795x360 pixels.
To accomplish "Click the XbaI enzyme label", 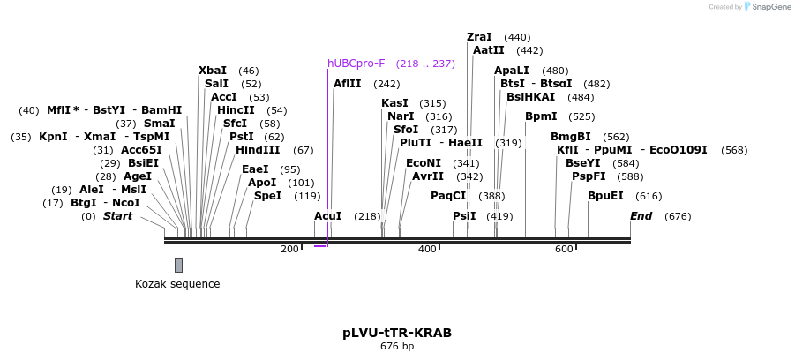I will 212,71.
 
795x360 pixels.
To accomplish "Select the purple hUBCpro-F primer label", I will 356,64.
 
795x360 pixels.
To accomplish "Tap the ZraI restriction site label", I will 479,37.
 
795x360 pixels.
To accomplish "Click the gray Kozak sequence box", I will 178,265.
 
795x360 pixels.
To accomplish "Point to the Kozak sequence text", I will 177,284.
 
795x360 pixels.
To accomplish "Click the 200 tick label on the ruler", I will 290,250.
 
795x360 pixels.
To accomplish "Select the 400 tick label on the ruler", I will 427,250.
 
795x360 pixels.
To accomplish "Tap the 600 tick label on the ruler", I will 564,250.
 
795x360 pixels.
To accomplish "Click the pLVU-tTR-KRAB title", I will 397,333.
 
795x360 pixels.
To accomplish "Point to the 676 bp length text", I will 397,346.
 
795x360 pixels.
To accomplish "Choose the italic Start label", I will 118,216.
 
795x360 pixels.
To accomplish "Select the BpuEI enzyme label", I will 605,196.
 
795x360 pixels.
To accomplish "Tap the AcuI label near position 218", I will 327,216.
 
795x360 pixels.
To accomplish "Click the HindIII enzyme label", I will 258,150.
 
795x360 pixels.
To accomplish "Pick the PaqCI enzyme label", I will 448,196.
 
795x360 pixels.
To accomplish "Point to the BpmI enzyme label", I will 541,116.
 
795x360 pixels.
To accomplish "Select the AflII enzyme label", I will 348,84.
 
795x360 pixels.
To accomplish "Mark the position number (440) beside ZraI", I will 517,37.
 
